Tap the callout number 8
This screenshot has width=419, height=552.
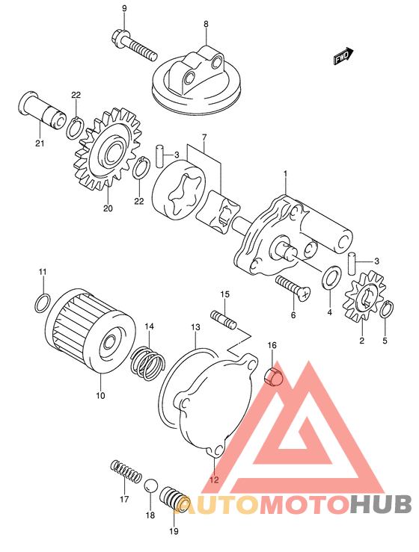206,24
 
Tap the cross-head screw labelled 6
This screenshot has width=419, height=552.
293,288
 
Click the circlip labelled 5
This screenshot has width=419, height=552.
388,308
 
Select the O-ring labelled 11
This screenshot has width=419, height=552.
43,303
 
